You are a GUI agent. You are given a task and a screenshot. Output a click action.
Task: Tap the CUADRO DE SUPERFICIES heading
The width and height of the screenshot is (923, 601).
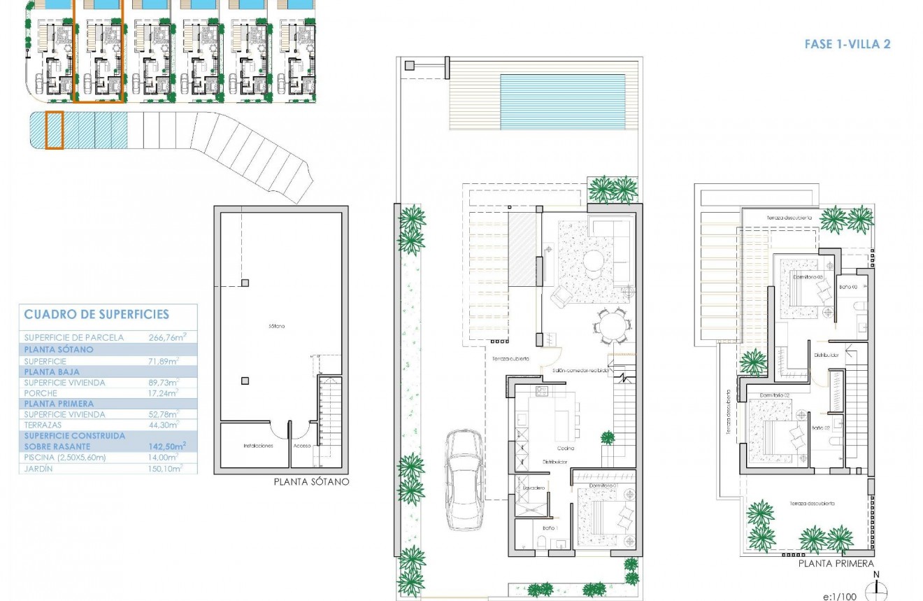(x=96, y=315)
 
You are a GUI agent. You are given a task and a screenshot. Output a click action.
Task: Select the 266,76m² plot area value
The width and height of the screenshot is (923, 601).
(x=167, y=337)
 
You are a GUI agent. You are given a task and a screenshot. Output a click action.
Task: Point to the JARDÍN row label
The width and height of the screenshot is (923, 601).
(x=39, y=469)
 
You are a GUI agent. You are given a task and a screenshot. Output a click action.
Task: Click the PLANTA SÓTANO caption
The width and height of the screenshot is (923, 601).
(x=311, y=481)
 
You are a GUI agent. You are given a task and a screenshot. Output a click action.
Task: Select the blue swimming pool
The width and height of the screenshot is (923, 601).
(x=562, y=102)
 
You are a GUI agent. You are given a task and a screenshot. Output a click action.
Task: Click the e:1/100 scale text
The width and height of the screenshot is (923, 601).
(x=841, y=596)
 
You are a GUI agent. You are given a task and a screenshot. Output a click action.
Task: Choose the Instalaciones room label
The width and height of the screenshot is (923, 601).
(x=257, y=445)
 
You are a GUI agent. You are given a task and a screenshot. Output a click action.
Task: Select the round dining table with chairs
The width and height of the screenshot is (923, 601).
(x=613, y=327)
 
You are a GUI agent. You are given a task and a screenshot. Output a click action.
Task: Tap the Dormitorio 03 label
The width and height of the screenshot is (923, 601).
(x=808, y=276)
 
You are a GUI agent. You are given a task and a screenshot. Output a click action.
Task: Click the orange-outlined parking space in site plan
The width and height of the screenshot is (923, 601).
(x=55, y=130)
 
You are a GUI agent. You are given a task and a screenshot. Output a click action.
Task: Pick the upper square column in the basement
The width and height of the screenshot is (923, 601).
(x=245, y=283)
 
